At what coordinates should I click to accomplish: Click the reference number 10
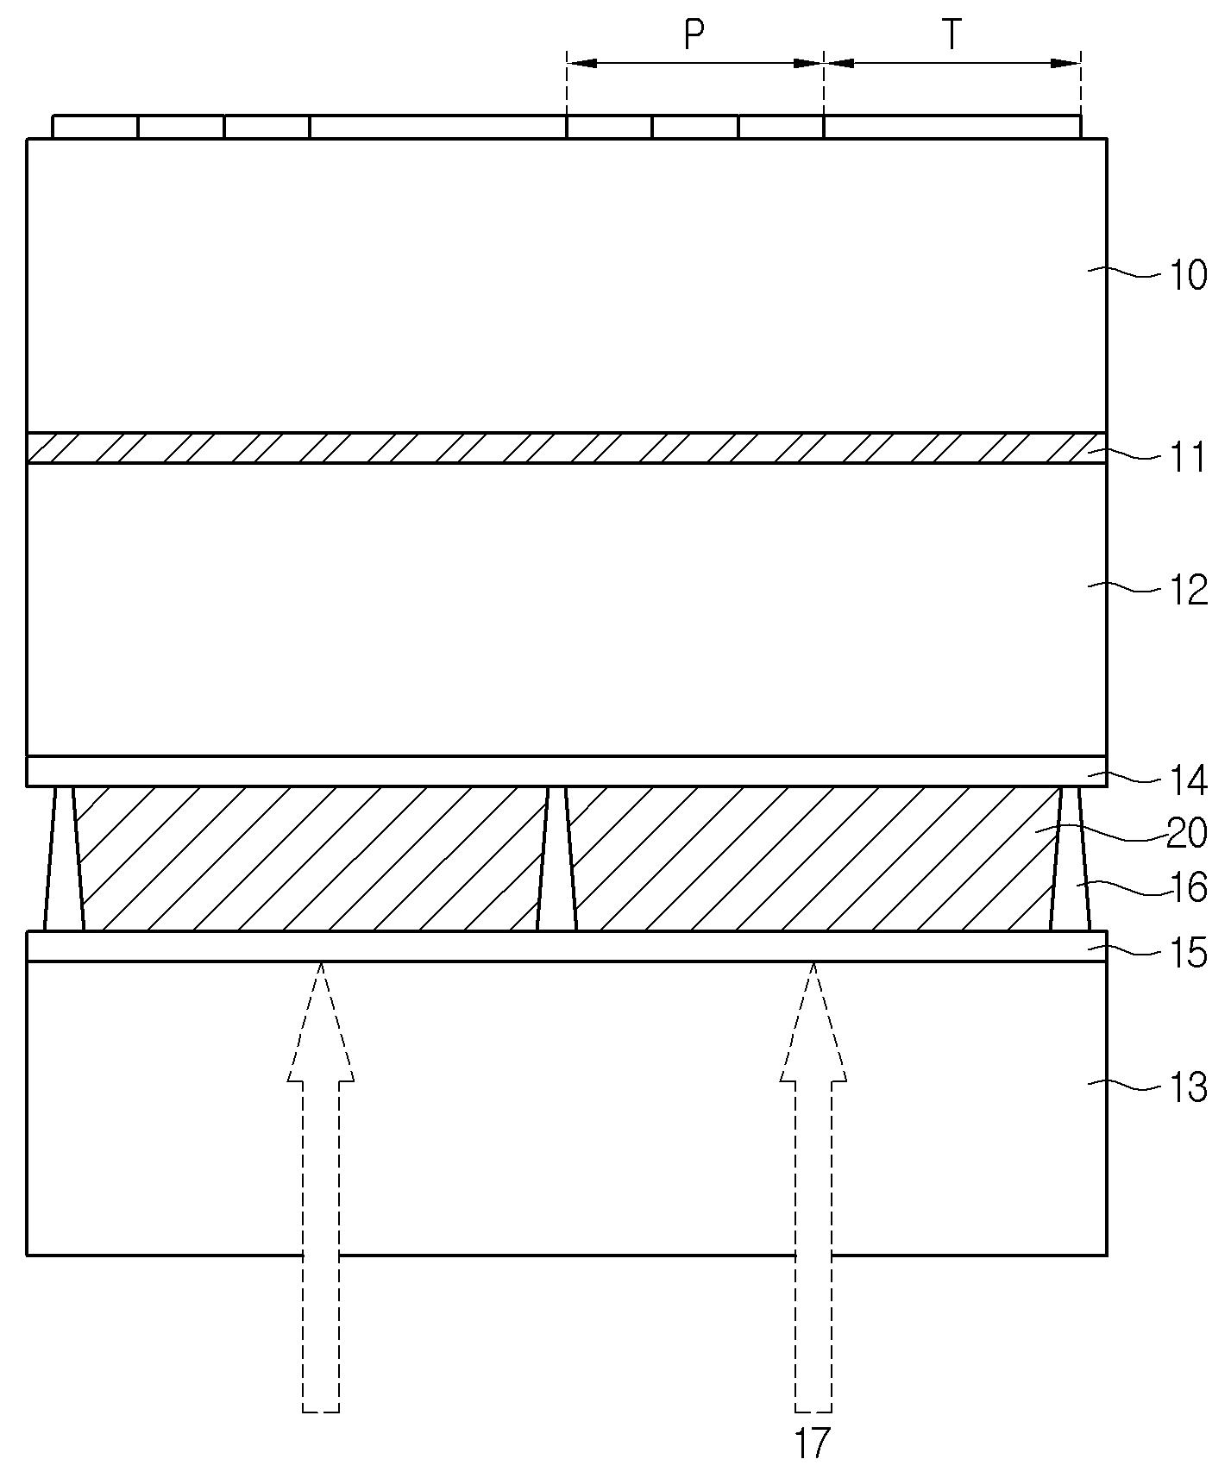tap(1187, 276)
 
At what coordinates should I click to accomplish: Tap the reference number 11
tap(1189, 459)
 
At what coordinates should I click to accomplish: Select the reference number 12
tap(1187, 592)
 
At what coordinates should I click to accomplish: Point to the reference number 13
tap(1187, 1088)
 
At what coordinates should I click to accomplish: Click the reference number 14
tap(1189, 780)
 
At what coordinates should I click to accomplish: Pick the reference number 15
tap(1187, 954)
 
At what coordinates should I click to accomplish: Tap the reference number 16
tap(1187, 888)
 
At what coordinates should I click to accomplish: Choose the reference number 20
tap(1187, 834)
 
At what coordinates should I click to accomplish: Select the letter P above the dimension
tap(694, 35)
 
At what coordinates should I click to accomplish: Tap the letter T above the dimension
tap(951, 35)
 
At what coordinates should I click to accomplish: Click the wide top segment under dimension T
tap(952, 127)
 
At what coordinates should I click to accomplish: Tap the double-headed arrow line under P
tap(694, 63)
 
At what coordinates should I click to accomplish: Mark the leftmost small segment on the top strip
tap(95, 127)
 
